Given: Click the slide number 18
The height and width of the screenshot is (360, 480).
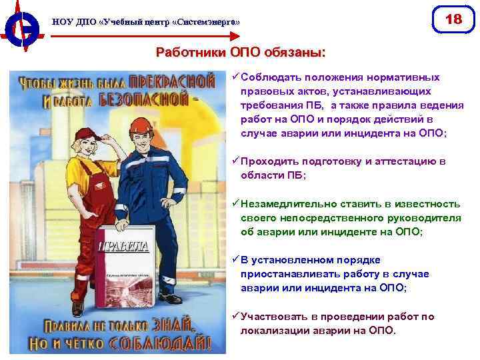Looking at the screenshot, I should click(x=453, y=19).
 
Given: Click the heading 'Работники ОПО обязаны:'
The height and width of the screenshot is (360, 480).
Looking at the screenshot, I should click(x=241, y=51).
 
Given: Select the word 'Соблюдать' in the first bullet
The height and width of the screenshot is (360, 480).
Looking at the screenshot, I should click(x=273, y=77).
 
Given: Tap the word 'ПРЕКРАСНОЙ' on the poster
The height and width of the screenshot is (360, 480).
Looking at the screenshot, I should click(x=171, y=82).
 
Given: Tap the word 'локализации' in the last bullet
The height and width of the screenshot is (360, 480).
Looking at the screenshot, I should click(x=273, y=330).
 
